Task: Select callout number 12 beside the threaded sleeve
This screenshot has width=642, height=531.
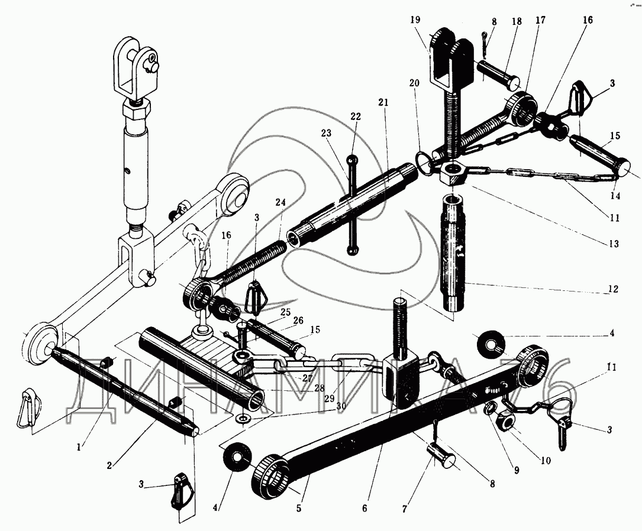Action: coord(612,289)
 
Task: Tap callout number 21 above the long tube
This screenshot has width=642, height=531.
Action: coord(383,102)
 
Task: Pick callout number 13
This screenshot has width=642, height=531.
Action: coord(614,244)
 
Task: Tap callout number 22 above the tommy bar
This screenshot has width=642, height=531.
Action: coord(355,117)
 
